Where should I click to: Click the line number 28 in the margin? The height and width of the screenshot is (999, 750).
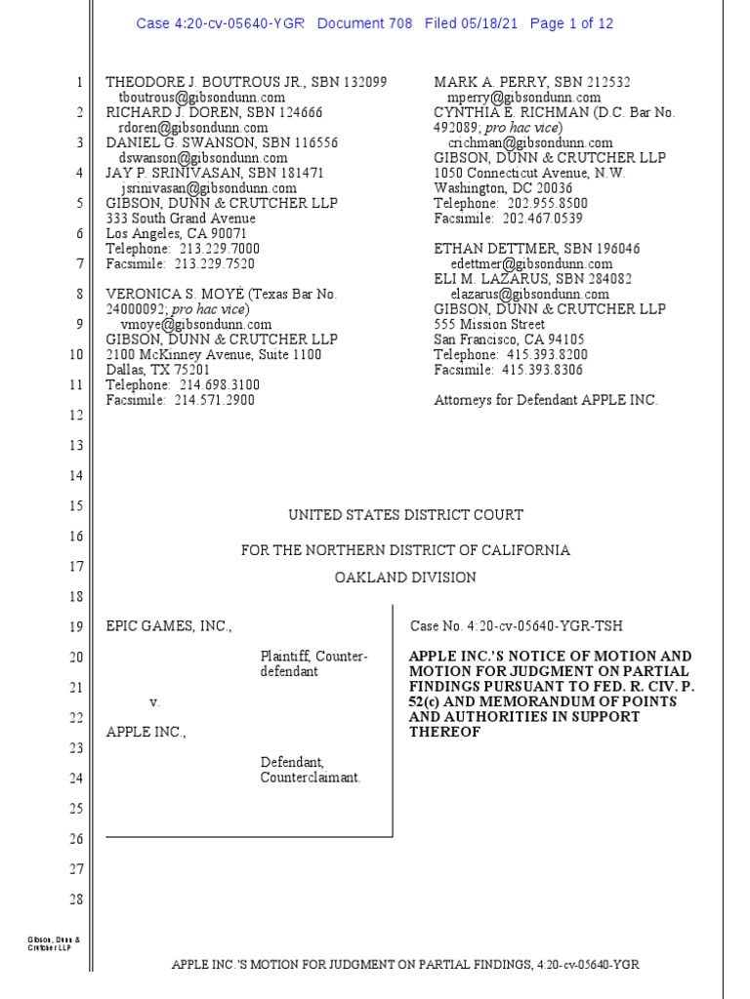75,899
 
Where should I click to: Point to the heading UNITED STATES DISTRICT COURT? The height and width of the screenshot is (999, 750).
405,515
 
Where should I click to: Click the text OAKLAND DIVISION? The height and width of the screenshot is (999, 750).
405,578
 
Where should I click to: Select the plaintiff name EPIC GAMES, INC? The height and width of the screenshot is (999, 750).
169,626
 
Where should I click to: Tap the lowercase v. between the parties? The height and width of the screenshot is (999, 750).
153,702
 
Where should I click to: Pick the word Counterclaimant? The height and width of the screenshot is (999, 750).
311,778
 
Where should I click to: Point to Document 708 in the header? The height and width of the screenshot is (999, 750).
365,23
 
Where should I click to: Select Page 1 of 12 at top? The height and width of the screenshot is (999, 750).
571,23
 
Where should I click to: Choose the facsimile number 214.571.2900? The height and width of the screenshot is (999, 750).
214,400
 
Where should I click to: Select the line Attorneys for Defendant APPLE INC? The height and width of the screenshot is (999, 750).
546,400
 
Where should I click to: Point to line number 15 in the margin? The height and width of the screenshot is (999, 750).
75,506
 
